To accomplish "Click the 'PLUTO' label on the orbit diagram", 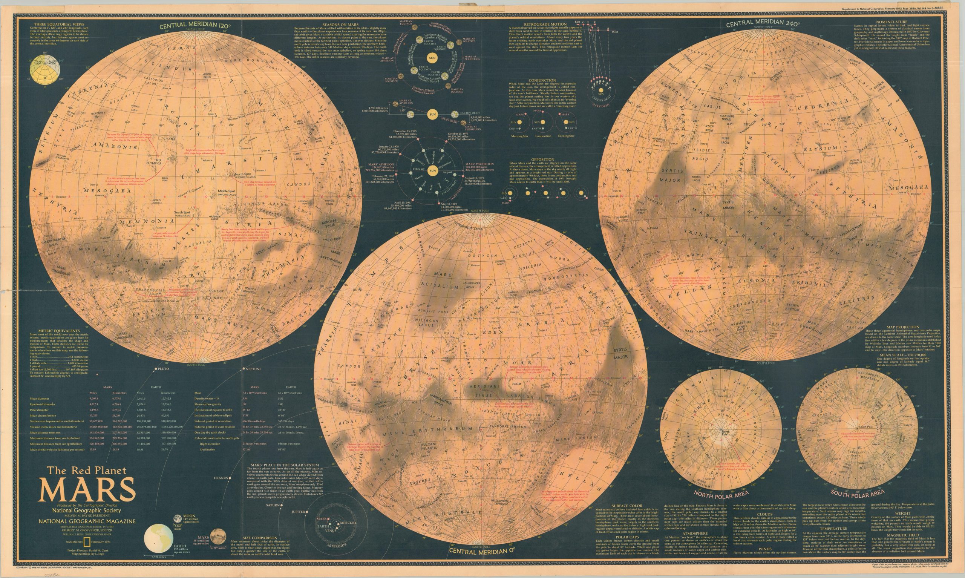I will [x=163, y=368].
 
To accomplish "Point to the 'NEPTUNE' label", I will [x=253, y=368].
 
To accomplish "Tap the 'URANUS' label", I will [x=220, y=478].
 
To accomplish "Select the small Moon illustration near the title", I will [x=178, y=518].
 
